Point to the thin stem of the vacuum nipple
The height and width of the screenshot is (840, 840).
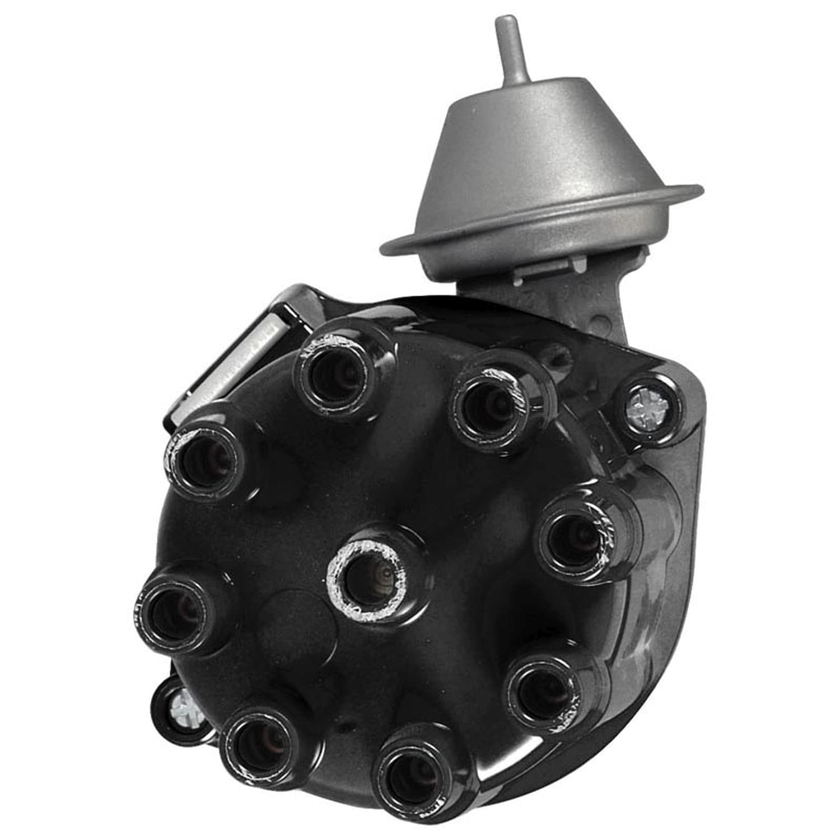508,56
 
